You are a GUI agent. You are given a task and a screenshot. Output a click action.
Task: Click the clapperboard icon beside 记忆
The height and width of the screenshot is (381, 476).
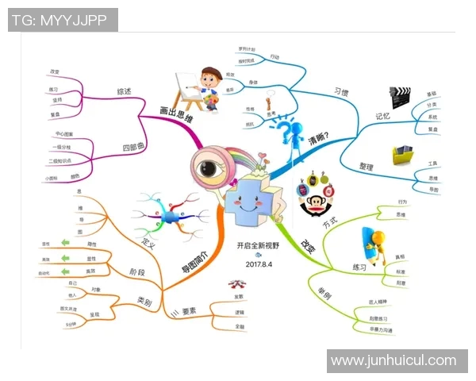(400, 99)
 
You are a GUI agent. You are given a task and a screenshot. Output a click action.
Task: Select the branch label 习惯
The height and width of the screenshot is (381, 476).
(342, 92)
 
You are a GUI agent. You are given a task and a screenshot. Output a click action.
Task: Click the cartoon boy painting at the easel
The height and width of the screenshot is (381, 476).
(198, 89)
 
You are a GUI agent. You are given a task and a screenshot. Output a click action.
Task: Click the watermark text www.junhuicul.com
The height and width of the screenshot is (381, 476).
(393, 360)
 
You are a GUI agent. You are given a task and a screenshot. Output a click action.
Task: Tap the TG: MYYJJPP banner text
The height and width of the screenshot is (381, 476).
(63, 21)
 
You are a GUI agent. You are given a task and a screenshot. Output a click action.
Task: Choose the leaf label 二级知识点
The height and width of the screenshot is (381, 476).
(61, 160)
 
